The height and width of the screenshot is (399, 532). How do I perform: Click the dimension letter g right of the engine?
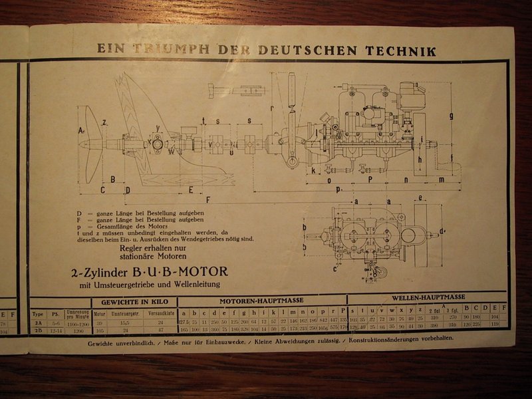[x=452, y=116]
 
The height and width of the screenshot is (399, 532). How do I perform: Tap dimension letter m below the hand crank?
[x=441, y=180]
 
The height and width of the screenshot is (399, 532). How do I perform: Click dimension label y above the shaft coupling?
[x=158, y=128]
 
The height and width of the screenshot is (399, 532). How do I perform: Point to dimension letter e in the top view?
[x=423, y=198]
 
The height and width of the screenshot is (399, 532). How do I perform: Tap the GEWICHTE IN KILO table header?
[x=134, y=301]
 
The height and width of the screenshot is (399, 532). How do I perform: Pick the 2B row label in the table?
[x=39, y=329]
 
